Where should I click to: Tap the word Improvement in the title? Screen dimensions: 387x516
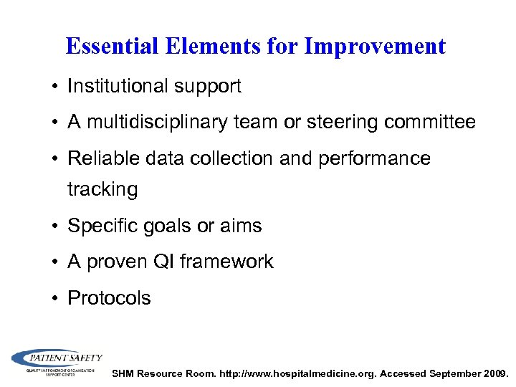pyautogui.click(x=375, y=47)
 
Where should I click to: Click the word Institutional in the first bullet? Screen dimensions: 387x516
pyautogui.click(x=118, y=87)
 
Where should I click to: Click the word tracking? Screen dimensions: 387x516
pyautogui.click(x=102, y=189)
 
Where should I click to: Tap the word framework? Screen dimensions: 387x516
pyautogui.click(x=226, y=262)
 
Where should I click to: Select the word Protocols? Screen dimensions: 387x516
pyautogui.click(x=109, y=298)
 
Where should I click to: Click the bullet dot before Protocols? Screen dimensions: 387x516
pyautogui.click(x=56, y=299)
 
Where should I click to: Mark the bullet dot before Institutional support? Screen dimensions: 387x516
pyautogui.click(x=56, y=87)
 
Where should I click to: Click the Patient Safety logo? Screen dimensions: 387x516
pyautogui.click(x=57, y=362)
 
